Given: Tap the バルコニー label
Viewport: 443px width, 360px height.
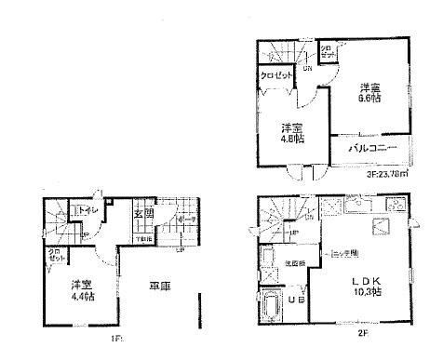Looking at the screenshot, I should click(x=372, y=148).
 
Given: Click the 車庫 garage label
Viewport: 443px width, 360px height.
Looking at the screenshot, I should click(x=159, y=288).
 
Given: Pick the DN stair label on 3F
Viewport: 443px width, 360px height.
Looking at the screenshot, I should click(x=306, y=67).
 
